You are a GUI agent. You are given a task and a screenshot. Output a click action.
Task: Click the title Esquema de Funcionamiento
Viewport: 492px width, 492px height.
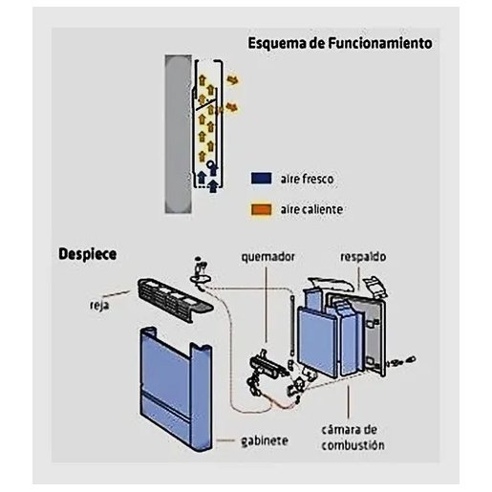(340, 43)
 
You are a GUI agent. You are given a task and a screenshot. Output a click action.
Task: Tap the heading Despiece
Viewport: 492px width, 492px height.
(88, 254)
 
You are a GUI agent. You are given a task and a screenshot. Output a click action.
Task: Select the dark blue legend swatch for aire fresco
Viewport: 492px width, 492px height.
(262, 179)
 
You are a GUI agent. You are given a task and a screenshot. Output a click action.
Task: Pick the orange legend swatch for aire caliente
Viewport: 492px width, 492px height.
(262, 209)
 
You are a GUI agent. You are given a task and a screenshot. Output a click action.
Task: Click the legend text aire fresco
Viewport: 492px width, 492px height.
(307, 179)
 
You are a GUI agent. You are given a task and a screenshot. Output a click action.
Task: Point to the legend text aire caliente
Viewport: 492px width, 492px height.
(311, 209)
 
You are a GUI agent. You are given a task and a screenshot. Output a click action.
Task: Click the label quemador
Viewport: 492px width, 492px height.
(267, 257)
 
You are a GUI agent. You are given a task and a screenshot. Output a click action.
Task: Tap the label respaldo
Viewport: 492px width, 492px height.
(363, 257)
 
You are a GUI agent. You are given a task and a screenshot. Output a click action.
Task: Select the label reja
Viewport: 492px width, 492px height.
(99, 305)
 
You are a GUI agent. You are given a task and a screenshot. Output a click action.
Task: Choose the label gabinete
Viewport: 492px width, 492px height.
(265, 440)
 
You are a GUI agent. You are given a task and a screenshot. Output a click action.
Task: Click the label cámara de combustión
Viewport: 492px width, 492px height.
(353, 438)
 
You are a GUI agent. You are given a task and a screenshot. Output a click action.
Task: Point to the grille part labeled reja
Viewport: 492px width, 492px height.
(175, 300)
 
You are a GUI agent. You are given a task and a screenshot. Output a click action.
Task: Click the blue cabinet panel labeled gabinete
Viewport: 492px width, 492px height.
(176, 390)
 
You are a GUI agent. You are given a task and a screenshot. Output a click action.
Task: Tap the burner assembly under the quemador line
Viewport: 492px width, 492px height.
(267, 370)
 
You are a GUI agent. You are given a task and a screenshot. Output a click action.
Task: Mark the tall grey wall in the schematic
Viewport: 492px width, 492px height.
(178, 134)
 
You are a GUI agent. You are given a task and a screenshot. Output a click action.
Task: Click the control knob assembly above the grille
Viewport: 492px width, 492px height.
(201, 274)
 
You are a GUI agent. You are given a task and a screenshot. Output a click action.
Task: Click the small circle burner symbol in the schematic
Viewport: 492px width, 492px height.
(211, 164)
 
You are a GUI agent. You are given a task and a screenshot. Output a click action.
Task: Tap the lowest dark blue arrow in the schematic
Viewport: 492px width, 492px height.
(213, 186)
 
